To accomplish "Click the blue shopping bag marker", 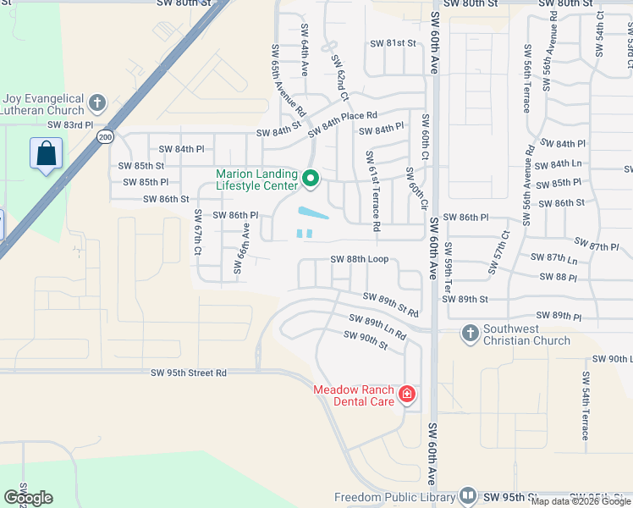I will pyautogui.click(x=46, y=155).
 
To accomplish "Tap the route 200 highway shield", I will pyautogui.click(x=104, y=137).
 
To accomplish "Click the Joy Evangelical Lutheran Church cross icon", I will pyautogui.click(x=97, y=103).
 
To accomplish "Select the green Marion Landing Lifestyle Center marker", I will pyautogui.click(x=311, y=179).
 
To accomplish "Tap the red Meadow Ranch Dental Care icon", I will pyautogui.click(x=407, y=395).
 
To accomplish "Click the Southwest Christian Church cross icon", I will pyautogui.click(x=470, y=334).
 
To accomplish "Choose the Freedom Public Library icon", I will pyautogui.click(x=468, y=497).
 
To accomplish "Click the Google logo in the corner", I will pyautogui.click(x=28, y=498).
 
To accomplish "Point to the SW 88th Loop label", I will pyautogui.click(x=359, y=259).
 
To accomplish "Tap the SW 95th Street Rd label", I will pyautogui.click(x=189, y=373).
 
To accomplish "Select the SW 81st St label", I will pyautogui.click(x=394, y=43).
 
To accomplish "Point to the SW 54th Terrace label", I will pyautogui.click(x=585, y=405).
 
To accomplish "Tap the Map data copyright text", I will pyautogui.click(x=581, y=501).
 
